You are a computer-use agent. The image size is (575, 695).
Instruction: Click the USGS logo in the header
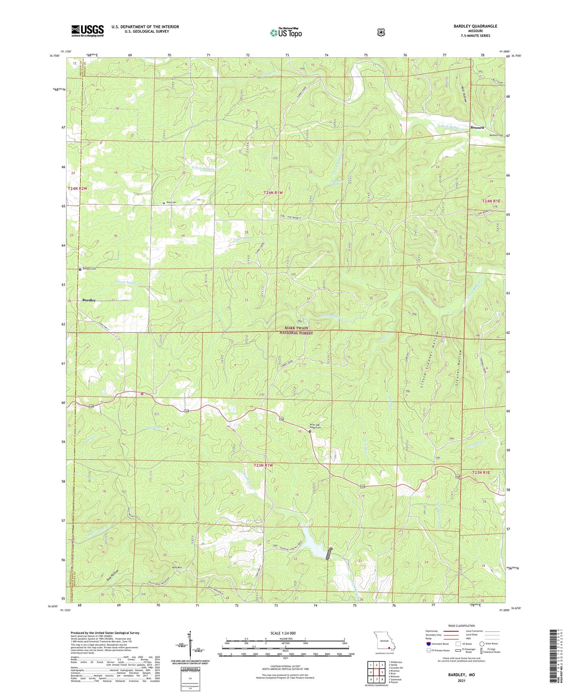click(x=87, y=31)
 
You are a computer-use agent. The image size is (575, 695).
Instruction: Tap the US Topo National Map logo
click(x=286, y=33)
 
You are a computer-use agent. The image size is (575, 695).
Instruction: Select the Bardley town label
click(x=89, y=300)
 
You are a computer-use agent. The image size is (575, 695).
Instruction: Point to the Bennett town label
click(x=477, y=127)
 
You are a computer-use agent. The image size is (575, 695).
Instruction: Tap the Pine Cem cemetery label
click(x=171, y=202)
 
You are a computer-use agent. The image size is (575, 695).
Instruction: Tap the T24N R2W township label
click(x=77, y=189)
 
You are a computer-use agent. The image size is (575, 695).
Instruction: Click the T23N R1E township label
click(x=481, y=473)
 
